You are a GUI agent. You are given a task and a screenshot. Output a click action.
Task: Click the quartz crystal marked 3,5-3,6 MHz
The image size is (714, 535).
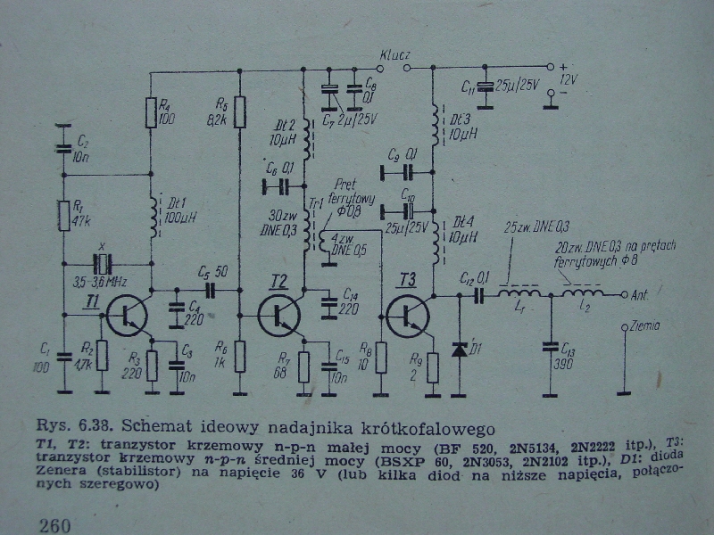(x=105, y=264)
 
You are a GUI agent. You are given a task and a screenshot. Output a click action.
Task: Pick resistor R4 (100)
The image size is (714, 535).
(x=151, y=113)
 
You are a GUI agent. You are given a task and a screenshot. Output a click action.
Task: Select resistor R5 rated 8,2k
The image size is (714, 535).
(x=239, y=113)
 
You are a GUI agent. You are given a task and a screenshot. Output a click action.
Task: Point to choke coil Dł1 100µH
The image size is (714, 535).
(x=160, y=217)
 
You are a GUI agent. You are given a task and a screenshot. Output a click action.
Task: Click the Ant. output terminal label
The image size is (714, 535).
(x=639, y=293)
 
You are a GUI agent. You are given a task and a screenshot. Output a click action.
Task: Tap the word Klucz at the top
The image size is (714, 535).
(x=394, y=55)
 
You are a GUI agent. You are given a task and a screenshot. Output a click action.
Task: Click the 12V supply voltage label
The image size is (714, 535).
(x=569, y=78)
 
